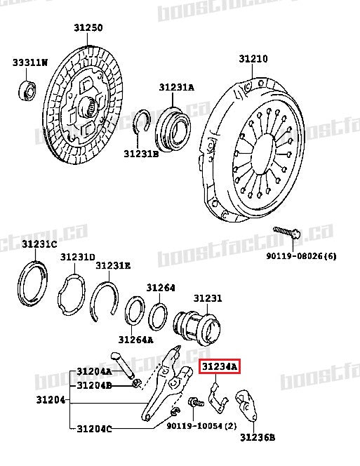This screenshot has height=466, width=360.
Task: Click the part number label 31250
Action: (88, 28)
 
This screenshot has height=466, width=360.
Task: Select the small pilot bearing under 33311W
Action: (28, 91)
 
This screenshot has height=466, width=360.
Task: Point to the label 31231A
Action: (176, 88)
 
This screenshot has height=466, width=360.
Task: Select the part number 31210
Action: (253, 60)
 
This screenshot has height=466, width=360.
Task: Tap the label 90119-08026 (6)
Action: (300, 255)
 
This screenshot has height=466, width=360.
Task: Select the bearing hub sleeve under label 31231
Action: (196, 326)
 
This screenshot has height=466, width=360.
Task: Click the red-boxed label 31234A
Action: (220, 366)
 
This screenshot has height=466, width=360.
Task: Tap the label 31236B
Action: (258, 438)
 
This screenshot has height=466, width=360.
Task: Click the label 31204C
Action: (94, 428)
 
